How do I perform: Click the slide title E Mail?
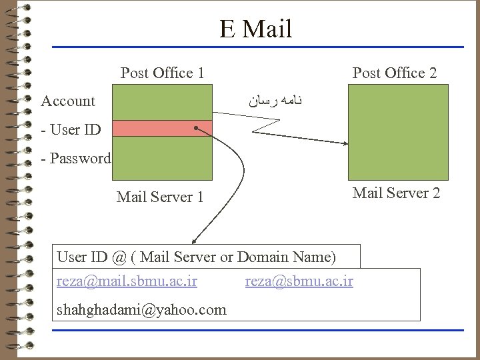click(255, 29)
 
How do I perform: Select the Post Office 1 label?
click(162, 73)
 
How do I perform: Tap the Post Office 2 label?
click(394, 73)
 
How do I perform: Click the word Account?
click(68, 101)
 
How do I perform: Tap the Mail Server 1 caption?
click(159, 197)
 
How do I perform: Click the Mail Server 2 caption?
click(396, 193)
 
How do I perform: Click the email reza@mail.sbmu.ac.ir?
click(127, 281)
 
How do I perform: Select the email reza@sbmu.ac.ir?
click(299, 281)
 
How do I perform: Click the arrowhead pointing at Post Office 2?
click(345, 143)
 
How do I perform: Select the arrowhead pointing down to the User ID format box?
click(193, 242)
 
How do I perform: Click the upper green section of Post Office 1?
click(161, 103)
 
